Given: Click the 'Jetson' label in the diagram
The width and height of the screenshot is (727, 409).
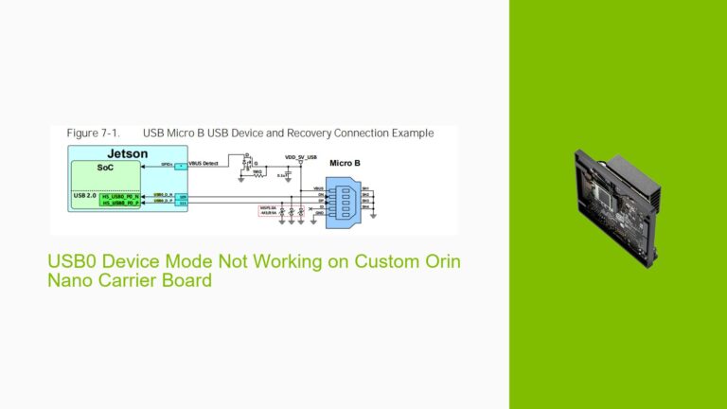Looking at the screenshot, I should tap(127, 153).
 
